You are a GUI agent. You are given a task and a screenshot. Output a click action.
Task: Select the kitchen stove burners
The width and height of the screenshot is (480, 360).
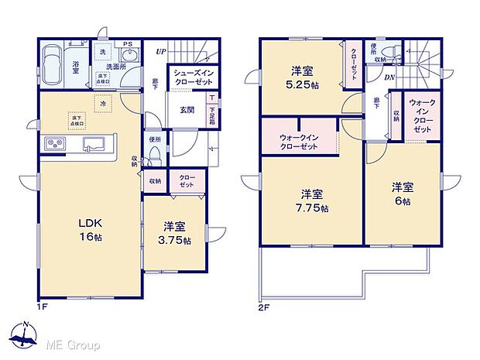[x=56, y=144]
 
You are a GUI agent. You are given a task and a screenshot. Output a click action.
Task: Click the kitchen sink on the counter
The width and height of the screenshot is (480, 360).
[x=94, y=142]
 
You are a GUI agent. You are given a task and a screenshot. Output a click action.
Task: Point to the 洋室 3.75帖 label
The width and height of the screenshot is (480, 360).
[x=173, y=232]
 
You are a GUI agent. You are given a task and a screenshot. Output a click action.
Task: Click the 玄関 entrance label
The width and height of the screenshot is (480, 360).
[x=187, y=109]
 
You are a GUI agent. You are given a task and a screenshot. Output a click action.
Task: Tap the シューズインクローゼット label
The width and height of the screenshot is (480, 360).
[x=194, y=78]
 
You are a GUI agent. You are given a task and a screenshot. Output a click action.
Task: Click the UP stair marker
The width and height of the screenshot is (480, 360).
[x=159, y=51]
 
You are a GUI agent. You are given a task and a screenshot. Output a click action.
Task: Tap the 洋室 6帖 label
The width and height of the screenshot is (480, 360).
[x=401, y=193]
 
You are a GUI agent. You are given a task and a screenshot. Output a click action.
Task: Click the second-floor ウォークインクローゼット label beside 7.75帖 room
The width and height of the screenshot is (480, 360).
[x=299, y=142]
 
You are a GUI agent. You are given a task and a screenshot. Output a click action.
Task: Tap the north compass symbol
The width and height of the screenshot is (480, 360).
[x=26, y=333]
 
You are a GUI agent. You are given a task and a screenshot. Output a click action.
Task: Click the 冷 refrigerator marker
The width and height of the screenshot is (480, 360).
[x=102, y=103]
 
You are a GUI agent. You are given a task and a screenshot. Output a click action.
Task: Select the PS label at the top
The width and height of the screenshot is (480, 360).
[x=128, y=43]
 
